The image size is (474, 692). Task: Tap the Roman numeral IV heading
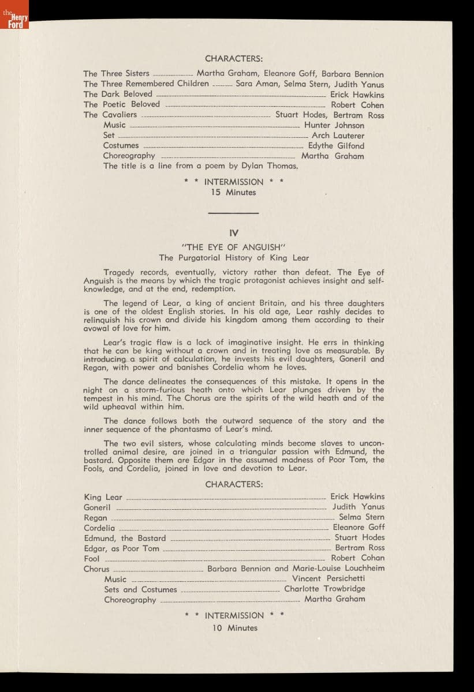[234, 233]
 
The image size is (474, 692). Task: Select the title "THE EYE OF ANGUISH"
[234, 247]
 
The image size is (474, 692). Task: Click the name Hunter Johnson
[334, 125]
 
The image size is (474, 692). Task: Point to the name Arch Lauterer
[338, 136]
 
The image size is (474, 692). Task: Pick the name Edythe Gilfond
[336, 146]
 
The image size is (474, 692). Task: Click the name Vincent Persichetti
[329, 578]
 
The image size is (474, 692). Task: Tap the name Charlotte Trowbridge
[324, 589]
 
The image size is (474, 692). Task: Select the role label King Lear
[103, 497]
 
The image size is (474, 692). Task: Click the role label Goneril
[97, 507]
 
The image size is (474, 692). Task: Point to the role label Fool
[91, 558]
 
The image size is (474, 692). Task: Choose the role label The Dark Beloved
[118, 94]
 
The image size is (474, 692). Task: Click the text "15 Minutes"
[233, 193]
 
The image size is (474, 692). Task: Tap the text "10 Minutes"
[234, 628]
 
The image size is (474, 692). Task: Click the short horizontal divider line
[233, 213]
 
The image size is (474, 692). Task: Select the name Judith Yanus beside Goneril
[358, 507]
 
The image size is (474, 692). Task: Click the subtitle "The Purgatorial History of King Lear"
[234, 258]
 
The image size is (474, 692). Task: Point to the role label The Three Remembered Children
[146, 84]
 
